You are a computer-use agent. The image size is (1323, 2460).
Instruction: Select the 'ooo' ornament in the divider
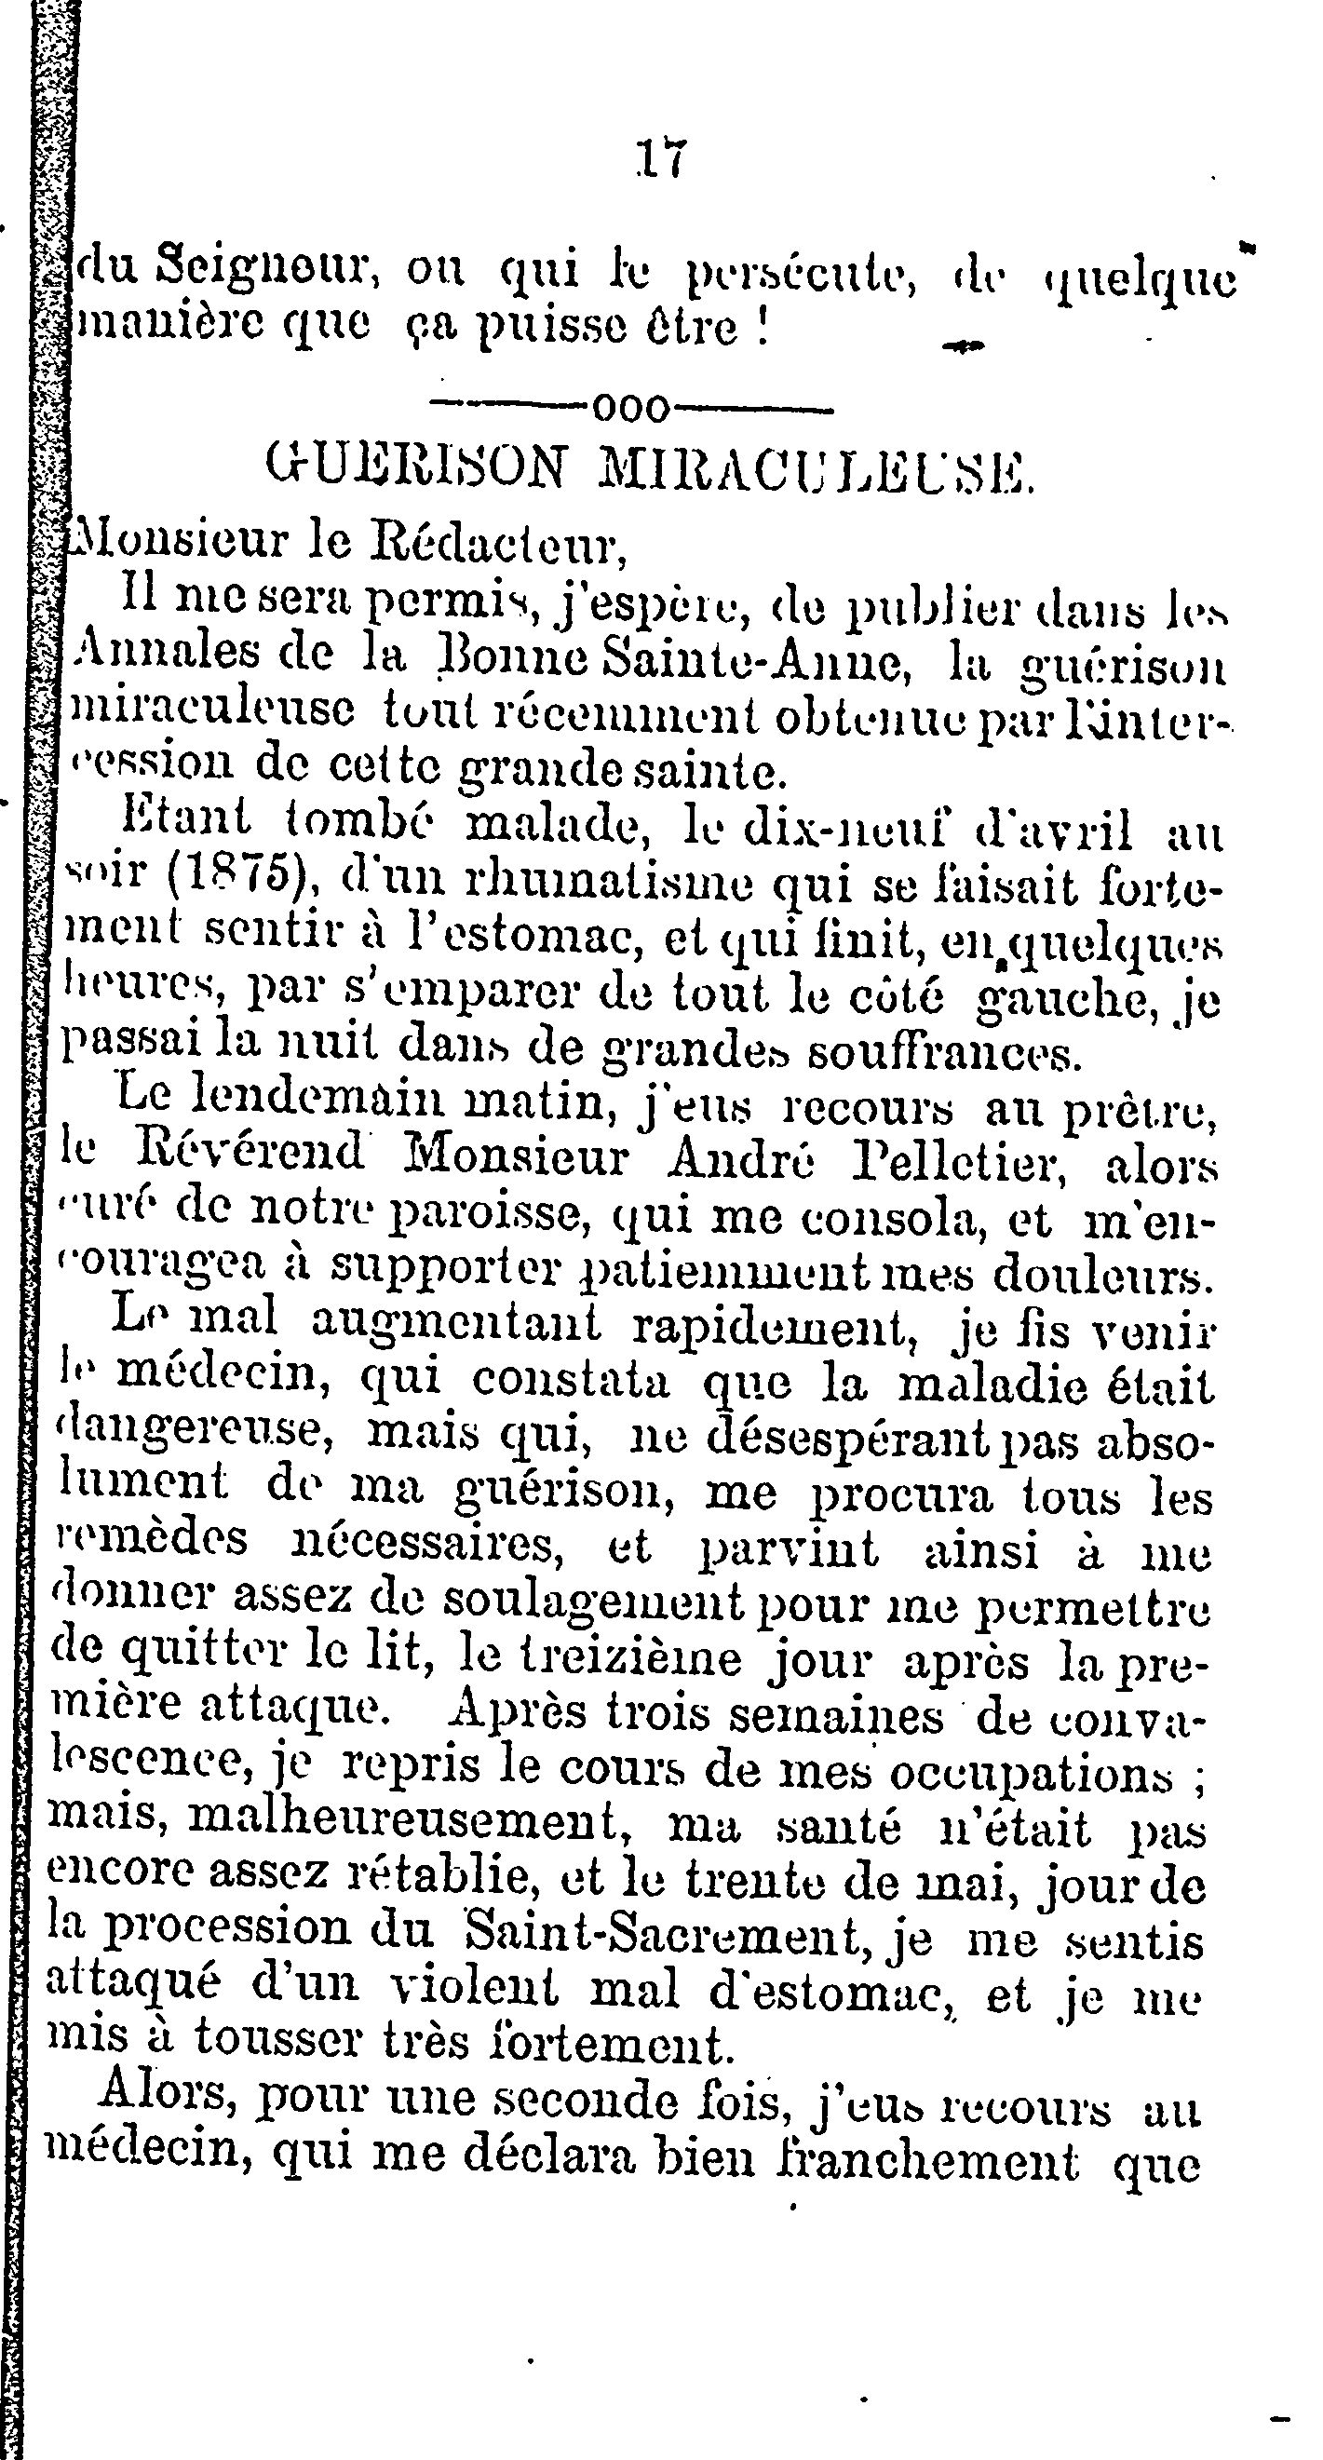632,409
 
